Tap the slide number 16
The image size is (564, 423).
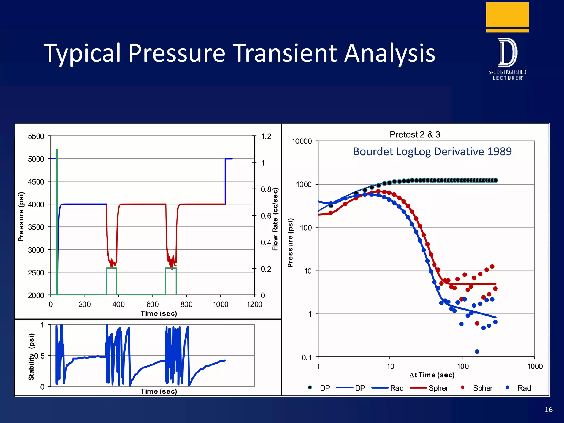click(x=548, y=410)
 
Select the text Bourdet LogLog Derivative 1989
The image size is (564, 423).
click(x=432, y=151)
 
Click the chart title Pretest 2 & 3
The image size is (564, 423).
click(x=414, y=134)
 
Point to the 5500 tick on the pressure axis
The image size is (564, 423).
click(x=36, y=136)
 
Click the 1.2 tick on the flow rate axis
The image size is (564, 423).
click(x=266, y=136)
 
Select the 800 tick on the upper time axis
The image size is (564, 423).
click(x=186, y=304)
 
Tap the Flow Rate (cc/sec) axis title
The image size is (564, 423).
click(x=275, y=219)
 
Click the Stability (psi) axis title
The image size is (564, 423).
click(x=31, y=357)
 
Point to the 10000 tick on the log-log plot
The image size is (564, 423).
click(x=302, y=141)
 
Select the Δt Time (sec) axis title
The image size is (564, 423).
click(x=432, y=375)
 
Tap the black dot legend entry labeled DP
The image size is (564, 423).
click(x=310, y=387)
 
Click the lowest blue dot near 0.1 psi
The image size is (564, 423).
click(x=477, y=352)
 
